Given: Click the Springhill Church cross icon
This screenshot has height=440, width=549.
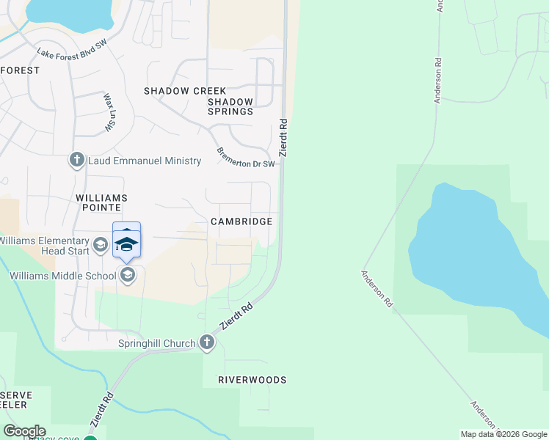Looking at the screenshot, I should (x=207, y=343).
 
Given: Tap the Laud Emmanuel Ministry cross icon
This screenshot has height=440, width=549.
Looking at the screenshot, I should (x=77, y=161).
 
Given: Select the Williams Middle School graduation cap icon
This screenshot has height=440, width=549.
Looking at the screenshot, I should (x=128, y=276).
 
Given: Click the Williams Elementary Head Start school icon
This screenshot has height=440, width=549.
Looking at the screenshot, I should (x=100, y=244).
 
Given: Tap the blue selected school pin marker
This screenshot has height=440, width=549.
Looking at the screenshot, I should (x=126, y=243).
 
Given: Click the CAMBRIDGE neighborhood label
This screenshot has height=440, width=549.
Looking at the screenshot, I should (x=241, y=221).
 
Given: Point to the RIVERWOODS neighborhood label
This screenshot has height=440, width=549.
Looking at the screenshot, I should (x=252, y=380).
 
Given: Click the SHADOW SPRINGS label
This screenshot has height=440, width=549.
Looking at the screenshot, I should (x=230, y=107).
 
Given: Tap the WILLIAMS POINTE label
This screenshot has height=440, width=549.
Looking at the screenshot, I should (x=101, y=203).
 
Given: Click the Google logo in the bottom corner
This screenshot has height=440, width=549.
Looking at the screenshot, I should (x=24, y=431).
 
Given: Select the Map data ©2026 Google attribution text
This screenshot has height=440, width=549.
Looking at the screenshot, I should (x=503, y=434).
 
